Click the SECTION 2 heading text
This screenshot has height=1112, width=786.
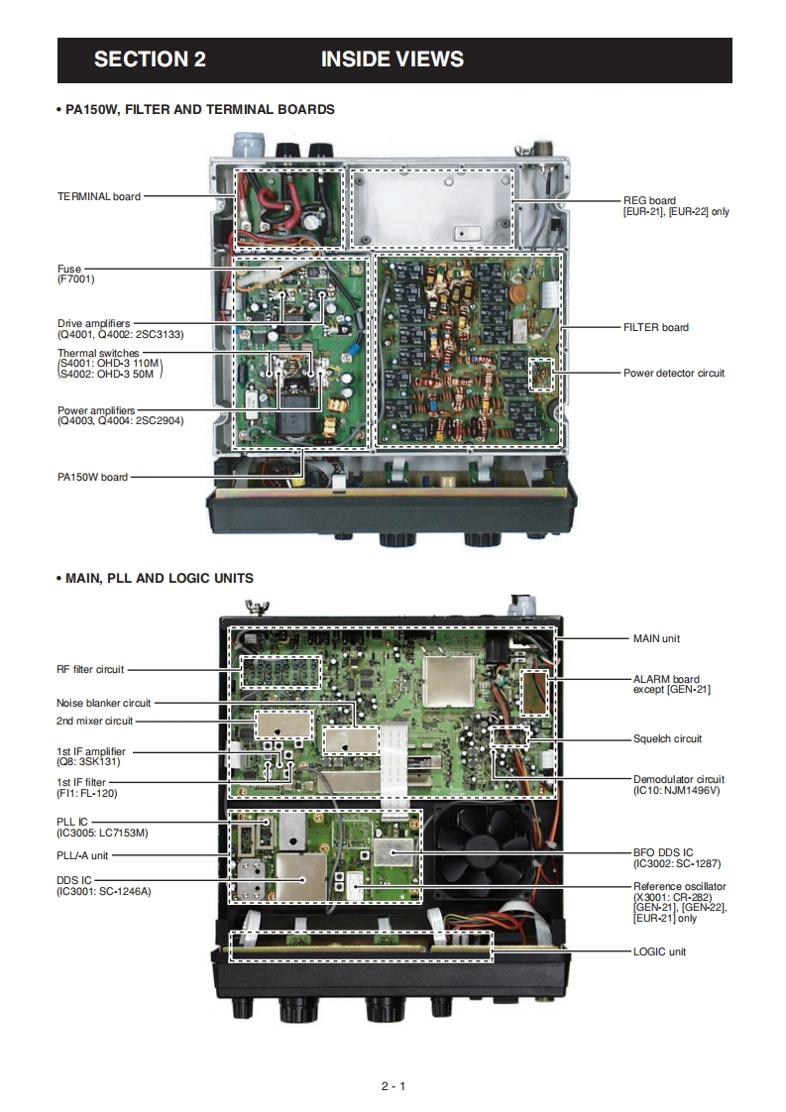(150, 59)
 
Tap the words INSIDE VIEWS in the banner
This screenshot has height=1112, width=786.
(392, 59)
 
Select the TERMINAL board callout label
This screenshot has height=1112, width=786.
(99, 196)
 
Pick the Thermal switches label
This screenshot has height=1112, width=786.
(99, 354)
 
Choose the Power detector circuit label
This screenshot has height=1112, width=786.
(673, 373)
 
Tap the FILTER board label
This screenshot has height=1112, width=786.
(655, 327)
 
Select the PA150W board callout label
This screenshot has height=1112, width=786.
(92, 477)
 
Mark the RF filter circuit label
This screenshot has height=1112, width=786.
(90, 669)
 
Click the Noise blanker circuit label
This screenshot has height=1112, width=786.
(104, 703)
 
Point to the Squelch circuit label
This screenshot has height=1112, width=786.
(667, 738)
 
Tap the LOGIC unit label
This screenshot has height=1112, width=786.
(659, 951)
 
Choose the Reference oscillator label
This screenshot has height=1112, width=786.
(679, 886)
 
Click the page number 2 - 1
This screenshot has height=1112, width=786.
(393, 1085)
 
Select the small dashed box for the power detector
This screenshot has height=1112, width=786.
(541, 374)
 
